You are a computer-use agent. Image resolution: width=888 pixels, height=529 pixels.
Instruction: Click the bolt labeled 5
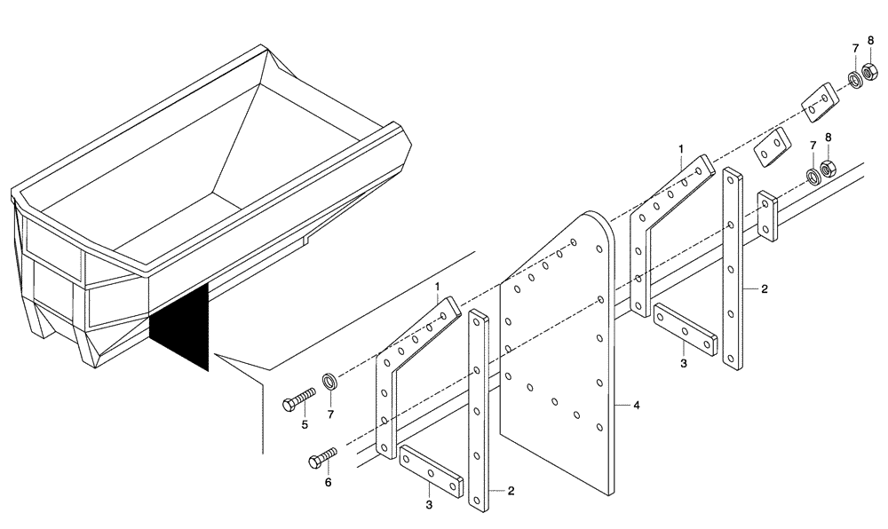[299, 400]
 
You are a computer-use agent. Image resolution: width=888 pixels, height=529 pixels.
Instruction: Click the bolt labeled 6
[322, 458]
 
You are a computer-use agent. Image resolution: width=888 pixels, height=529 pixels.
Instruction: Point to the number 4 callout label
[637, 406]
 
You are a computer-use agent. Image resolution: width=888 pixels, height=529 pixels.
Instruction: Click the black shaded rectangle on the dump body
[178, 325]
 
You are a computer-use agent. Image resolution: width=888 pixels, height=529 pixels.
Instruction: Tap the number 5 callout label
[305, 425]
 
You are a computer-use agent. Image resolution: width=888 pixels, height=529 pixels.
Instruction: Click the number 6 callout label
[327, 482]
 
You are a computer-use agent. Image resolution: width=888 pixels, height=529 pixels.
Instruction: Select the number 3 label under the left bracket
[429, 505]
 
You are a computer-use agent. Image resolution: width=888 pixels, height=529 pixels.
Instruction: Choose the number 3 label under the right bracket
[683, 363]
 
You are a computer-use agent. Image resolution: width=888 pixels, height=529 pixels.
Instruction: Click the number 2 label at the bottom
[511, 490]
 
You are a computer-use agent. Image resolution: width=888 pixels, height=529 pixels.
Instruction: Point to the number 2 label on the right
[764, 289]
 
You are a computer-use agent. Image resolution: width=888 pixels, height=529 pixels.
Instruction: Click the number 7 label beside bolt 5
[331, 413]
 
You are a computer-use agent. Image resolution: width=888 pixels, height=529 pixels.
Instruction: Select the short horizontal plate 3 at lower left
[432, 471]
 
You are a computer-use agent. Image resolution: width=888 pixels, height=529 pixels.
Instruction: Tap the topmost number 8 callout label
[870, 40]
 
